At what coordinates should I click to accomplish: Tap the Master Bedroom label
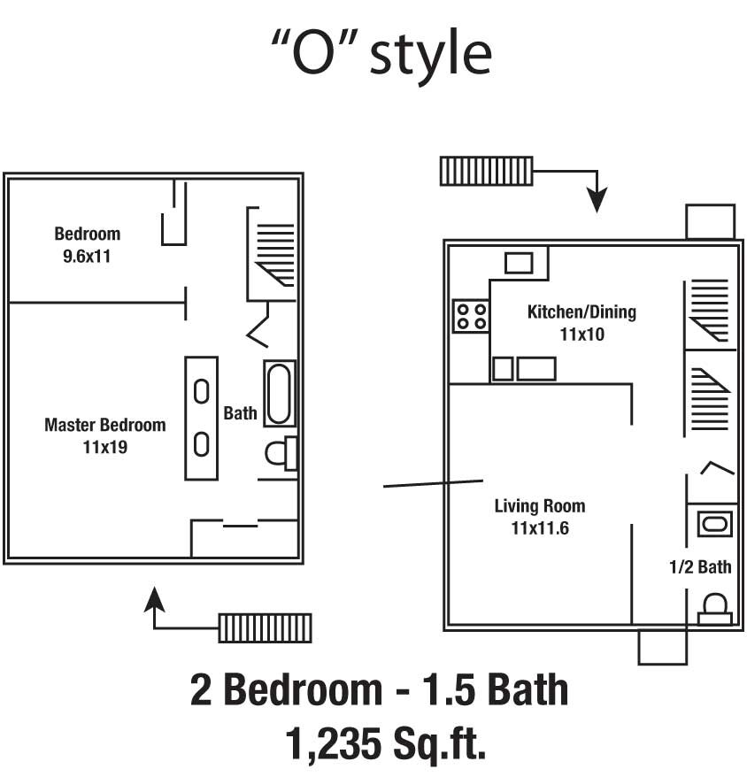pyautogui.click(x=104, y=425)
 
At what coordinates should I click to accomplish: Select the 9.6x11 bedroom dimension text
pyautogui.click(x=86, y=258)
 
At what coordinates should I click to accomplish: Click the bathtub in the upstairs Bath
pyautogui.click(x=279, y=394)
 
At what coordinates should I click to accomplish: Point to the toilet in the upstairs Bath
pyautogui.click(x=281, y=454)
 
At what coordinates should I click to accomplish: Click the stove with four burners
pyautogui.click(x=472, y=316)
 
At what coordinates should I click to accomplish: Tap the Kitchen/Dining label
pyautogui.click(x=581, y=312)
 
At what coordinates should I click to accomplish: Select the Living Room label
pyautogui.click(x=539, y=506)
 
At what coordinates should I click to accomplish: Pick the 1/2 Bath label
pyautogui.click(x=701, y=567)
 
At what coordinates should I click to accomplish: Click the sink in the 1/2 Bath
pyautogui.click(x=714, y=524)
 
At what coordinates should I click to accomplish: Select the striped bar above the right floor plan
pyautogui.click(x=486, y=171)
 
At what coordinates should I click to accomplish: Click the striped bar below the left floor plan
pyautogui.click(x=264, y=627)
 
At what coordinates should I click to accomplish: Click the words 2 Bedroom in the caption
pyautogui.click(x=283, y=689)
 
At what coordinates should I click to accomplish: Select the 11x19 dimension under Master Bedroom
pyautogui.click(x=104, y=448)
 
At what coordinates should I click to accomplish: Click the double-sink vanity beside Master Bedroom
pyautogui.click(x=201, y=418)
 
